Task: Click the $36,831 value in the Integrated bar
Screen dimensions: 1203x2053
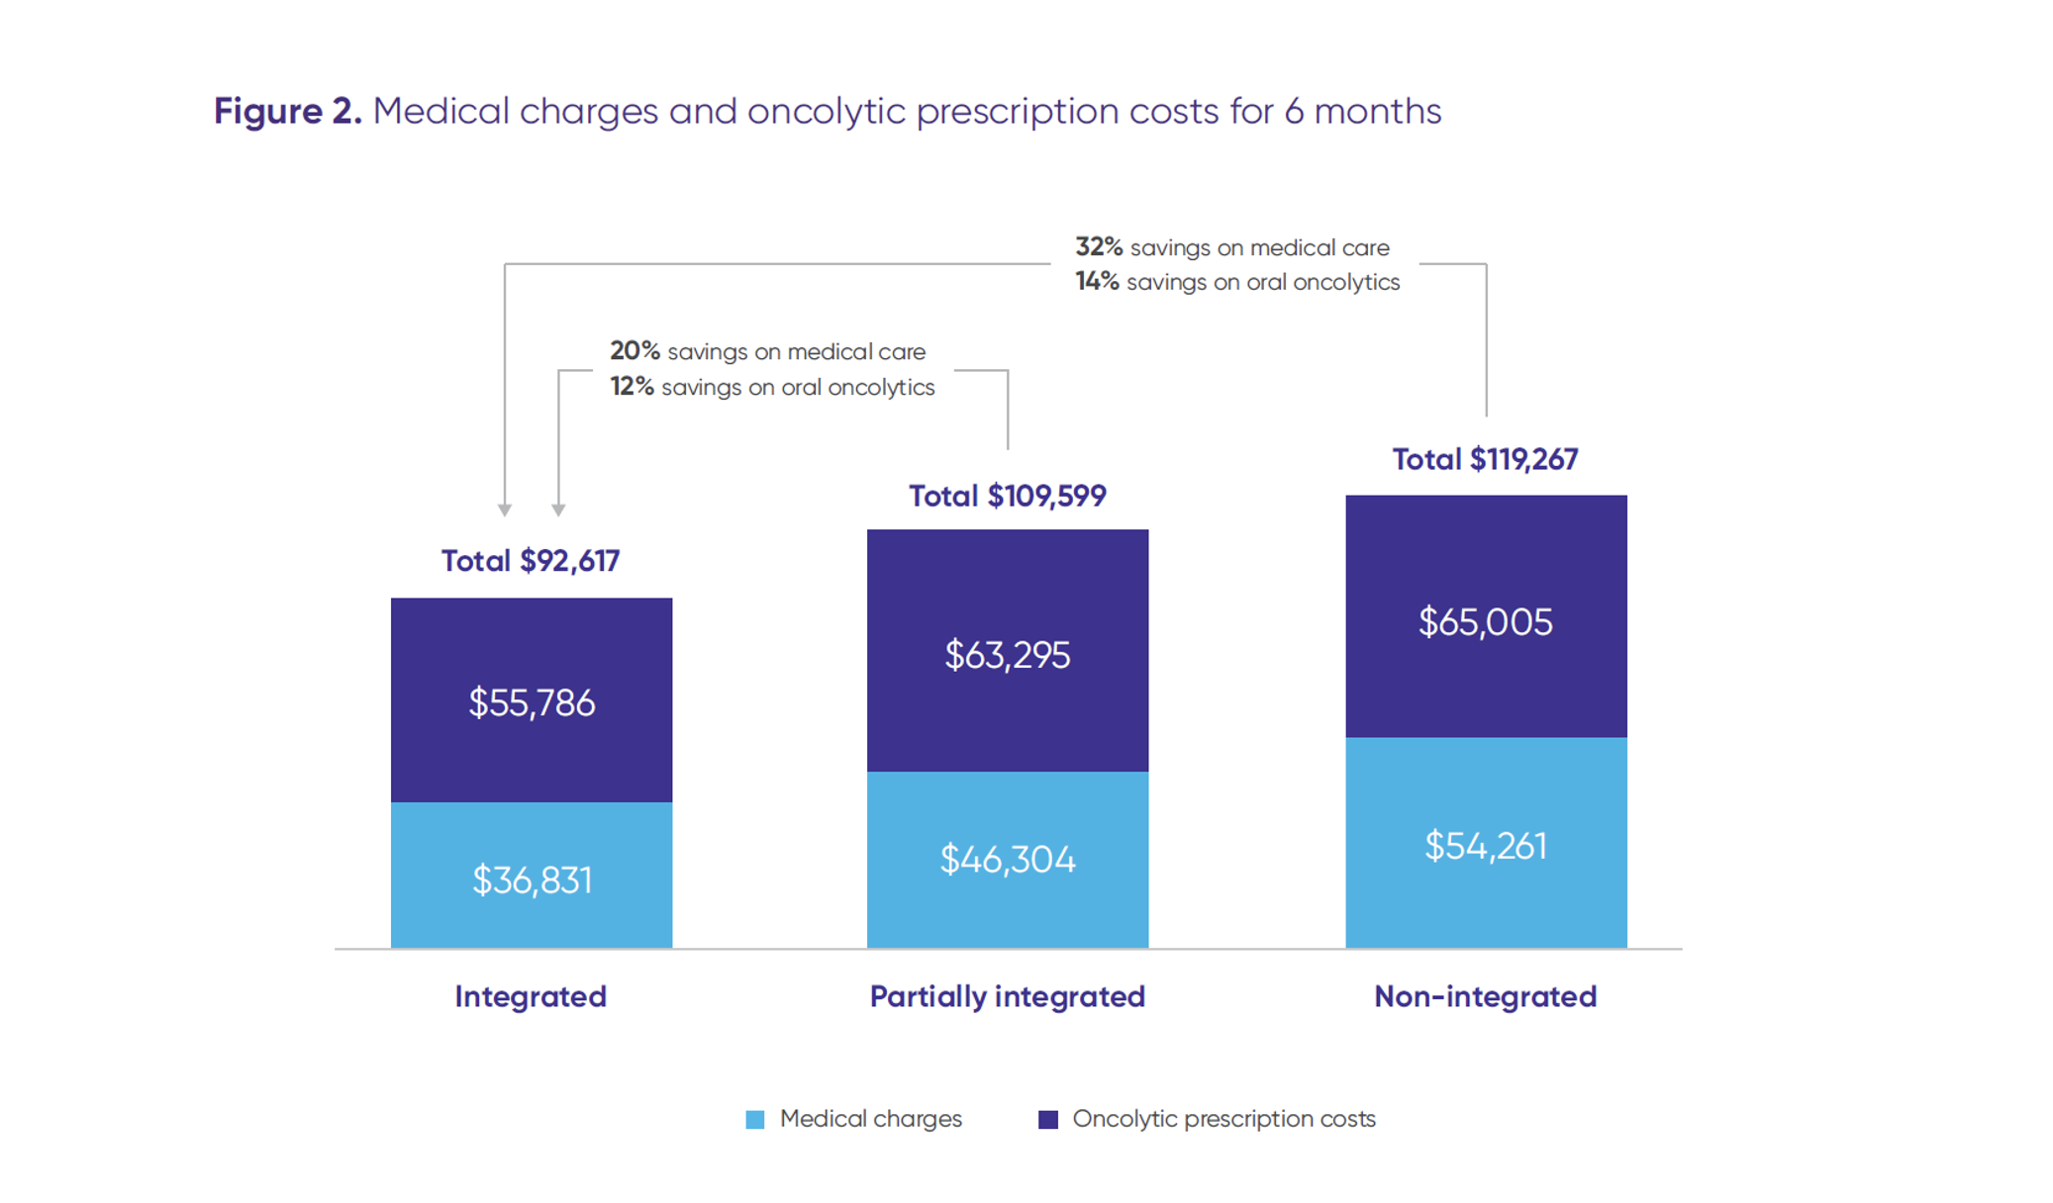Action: click(532, 879)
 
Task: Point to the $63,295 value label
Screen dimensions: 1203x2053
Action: click(1007, 655)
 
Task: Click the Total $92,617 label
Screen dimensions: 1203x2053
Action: click(531, 561)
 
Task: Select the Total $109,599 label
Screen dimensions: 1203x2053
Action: click(1007, 496)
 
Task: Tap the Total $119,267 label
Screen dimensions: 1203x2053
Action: click(1485, 459)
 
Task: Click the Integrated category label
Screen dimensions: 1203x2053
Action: click(531, 996)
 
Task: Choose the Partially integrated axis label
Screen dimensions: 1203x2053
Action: click(1007, 996)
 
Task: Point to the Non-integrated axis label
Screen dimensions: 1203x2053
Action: click(1485, 996)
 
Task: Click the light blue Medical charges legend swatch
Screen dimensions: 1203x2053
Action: click(755, 1119)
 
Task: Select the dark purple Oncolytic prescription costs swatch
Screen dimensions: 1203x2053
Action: click(1048, 1119)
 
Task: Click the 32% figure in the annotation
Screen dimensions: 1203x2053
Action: click(1099, 247)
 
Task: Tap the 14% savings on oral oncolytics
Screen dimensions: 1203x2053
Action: click(1097, 282)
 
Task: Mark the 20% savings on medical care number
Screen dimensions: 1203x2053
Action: click(635, 351)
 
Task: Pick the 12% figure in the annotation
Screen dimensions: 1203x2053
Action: click(632, 387)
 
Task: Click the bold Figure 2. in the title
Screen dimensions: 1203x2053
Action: click(288, 111)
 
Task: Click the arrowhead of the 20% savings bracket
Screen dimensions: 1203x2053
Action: click(558, 509)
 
